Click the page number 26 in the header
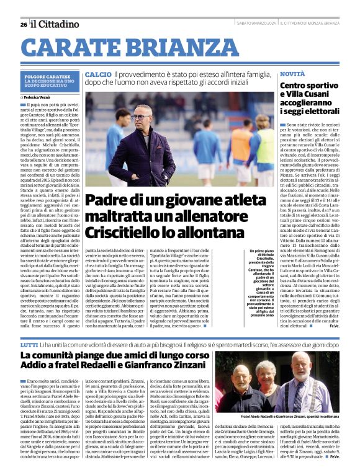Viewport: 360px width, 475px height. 23,24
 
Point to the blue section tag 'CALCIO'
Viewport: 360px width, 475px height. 98,74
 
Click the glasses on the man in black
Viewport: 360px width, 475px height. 139,116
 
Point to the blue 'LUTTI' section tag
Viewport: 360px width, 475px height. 29,326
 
